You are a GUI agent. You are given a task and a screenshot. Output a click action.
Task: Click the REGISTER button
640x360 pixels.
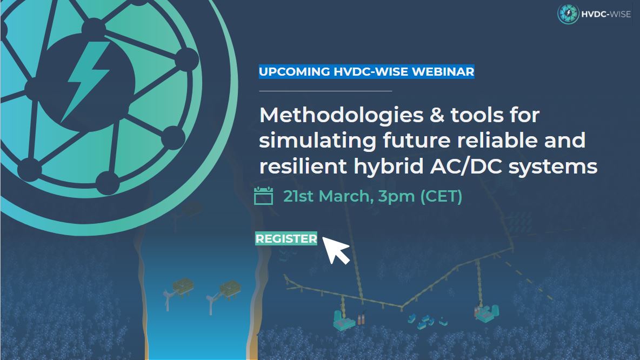(286, 238)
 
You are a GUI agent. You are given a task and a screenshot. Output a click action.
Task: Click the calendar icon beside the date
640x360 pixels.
(263, 196)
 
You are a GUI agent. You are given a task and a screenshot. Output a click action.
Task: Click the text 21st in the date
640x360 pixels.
(298, 196)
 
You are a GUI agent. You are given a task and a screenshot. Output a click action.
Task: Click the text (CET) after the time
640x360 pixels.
(441, 196)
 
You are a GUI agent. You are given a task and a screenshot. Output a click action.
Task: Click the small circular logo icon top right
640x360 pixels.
(568, 14)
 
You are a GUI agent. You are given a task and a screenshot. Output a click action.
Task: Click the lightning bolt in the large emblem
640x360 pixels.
(87, 81)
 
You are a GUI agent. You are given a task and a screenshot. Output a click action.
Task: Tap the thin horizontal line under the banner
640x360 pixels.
(325, 91)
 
